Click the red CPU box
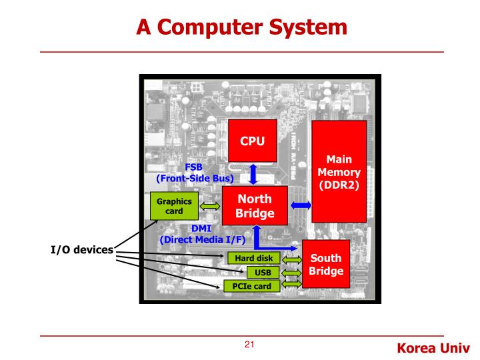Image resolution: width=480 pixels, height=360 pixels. [x=253, y=141]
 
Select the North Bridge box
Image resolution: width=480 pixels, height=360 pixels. [x=255, y=206]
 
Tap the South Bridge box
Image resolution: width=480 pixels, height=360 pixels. [x=326, y=265]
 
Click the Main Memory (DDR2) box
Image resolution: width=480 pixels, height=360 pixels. [x=339, y=171]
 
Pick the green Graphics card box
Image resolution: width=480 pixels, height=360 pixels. [x=174, y=206]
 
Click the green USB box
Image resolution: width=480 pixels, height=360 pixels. [x=263, y=272]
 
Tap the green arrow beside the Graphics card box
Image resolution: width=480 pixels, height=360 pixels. [x=210, y=207]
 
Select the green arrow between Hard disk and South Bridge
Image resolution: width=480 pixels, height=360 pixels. [x=292, y=259]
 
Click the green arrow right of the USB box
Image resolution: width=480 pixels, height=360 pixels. [x=292, y=272]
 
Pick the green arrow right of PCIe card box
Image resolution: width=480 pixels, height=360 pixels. [x=292, y=285]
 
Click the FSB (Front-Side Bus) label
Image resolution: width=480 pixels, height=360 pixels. [x=193, y=173]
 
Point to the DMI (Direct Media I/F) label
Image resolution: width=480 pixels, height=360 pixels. [x=202, y=233]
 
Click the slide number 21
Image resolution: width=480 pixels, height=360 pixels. [x=250, y=345]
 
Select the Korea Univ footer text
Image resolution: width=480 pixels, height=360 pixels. [x=433, y=347]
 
